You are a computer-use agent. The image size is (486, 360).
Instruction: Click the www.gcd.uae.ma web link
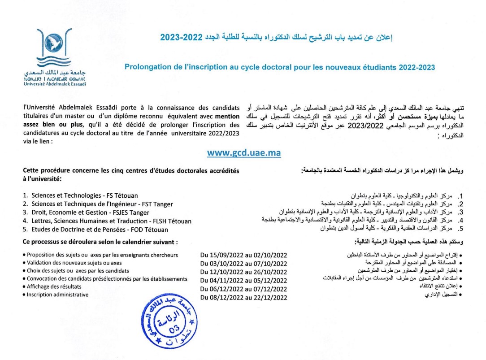(244, 153)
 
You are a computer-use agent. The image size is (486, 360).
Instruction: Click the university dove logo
(54, 47)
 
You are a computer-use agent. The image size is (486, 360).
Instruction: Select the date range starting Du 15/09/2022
(243, 255)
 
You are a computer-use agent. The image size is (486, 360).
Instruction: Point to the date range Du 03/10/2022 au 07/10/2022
(243, 264)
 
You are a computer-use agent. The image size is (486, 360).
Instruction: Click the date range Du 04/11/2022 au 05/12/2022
(243, 281)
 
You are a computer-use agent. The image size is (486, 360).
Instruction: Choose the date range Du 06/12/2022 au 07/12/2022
(243, 289)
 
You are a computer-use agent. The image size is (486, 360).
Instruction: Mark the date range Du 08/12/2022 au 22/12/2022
(243, 298)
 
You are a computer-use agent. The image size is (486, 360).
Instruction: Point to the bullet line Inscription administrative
(57, 295)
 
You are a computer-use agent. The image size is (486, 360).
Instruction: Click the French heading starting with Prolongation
(280, 67)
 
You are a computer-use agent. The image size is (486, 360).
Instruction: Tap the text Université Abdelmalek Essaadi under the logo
(55, 84)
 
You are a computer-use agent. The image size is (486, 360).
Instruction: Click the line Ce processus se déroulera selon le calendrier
(100, 242)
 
